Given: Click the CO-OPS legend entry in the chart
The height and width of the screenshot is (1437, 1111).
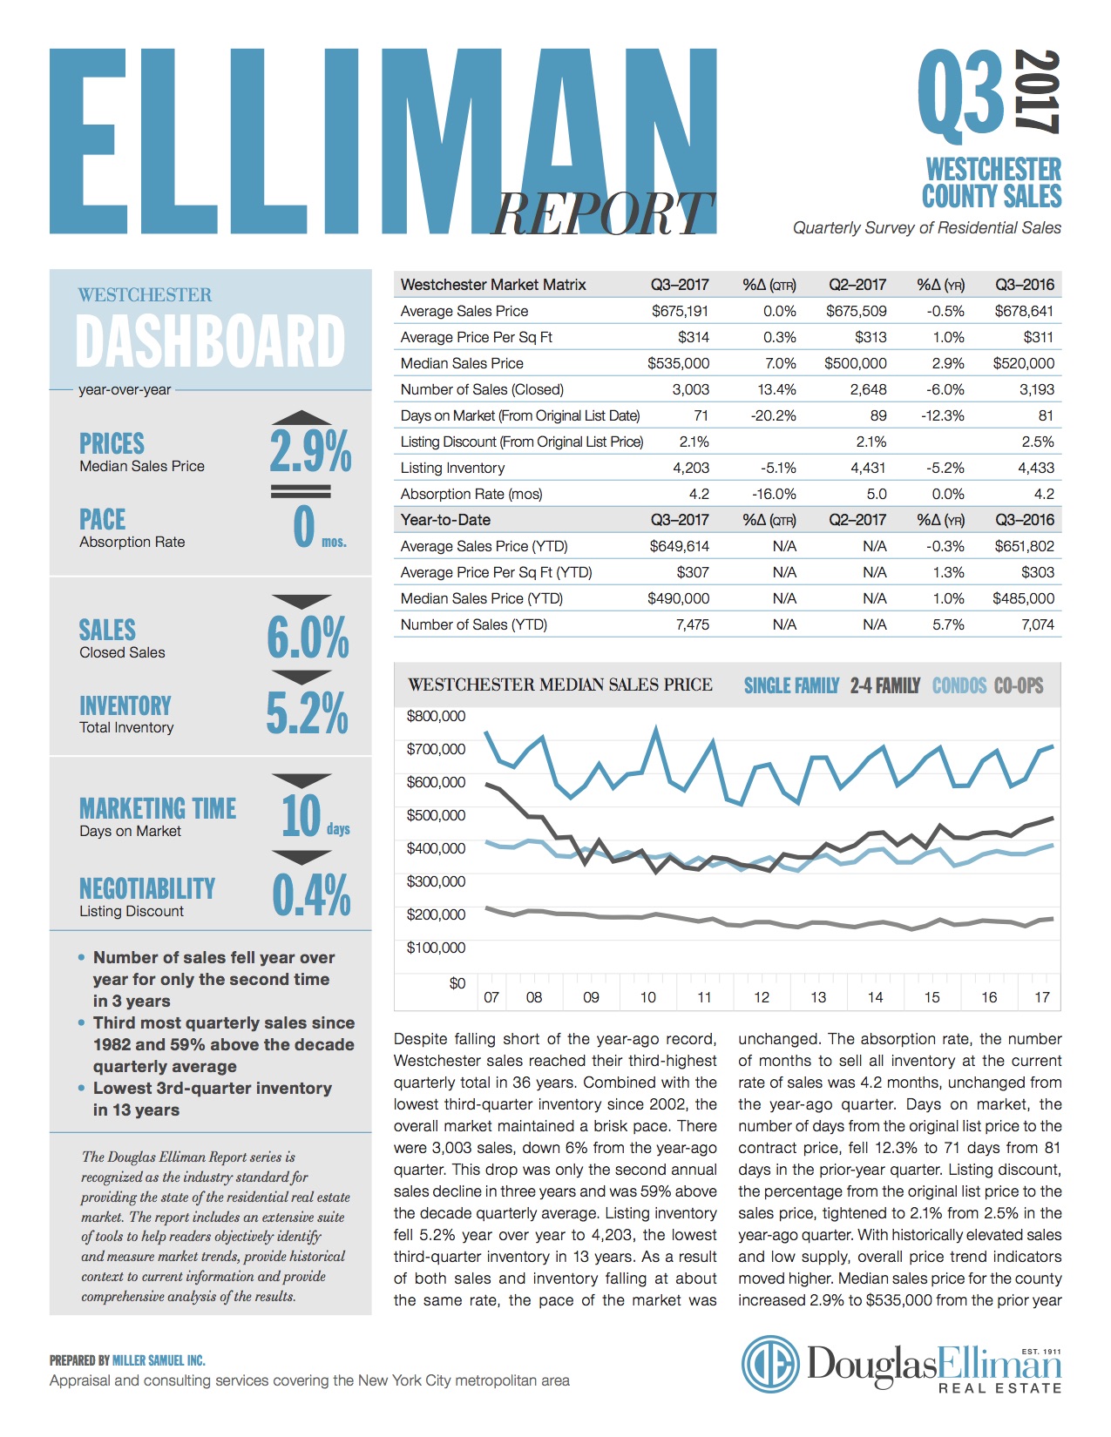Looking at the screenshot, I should click(1018, 686).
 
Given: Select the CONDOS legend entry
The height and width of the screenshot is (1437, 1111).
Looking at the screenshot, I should click(959, 686).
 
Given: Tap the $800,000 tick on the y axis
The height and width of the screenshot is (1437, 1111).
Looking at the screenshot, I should click(436, 716).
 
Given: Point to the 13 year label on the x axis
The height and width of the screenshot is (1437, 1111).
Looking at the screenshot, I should click(818, 997).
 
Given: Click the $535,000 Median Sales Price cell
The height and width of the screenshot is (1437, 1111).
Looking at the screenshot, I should click(678, 363).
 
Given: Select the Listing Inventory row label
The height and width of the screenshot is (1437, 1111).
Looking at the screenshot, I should click(452, 468).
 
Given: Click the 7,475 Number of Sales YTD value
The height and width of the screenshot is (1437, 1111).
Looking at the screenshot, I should click(692, 624).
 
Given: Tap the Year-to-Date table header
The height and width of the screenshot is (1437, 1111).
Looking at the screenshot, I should click(445, 520).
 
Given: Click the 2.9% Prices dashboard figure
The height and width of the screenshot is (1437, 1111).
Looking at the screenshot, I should click(310, 451).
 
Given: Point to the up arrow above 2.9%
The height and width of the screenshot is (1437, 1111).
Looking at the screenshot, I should click(301, 418).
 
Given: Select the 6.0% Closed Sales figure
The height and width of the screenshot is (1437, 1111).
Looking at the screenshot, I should click(308, 638).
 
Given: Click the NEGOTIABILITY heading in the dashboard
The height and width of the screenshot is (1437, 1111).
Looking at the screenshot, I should click(147, 888).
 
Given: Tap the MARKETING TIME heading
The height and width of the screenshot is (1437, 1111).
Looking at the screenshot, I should click(158, 808).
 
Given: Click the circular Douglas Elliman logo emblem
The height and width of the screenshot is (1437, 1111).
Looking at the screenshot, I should click(770, 1365).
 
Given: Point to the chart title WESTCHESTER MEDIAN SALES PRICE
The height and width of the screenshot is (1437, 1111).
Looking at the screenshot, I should click(560, 685).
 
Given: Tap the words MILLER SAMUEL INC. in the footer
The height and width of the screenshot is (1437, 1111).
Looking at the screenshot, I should click(159, 1360).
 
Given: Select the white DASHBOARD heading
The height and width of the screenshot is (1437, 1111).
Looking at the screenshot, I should click(211, 341).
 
